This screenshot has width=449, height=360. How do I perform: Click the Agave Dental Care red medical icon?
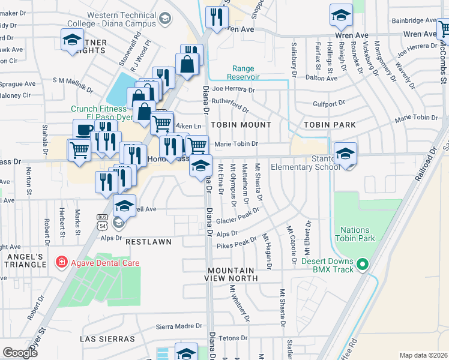(x=61, y=262)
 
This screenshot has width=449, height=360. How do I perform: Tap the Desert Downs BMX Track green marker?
(x=362, y=264)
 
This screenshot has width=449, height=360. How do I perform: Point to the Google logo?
(x=19, y=353)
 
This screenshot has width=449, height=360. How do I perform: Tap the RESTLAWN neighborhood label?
(x=148, y=241)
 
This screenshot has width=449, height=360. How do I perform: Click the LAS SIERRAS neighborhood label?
(x=107, y=339)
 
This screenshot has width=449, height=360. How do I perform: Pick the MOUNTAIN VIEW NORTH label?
(x=233, y=274)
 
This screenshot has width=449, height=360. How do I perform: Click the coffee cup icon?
(x=83, y=129)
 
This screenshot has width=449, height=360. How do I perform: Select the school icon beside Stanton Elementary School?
(x=345, y=154)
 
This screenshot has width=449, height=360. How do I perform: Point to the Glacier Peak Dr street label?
(x=238, y=215)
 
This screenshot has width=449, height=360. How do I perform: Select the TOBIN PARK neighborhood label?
(x=330, y=125)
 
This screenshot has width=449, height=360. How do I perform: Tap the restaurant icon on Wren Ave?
(x=216, y=17)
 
